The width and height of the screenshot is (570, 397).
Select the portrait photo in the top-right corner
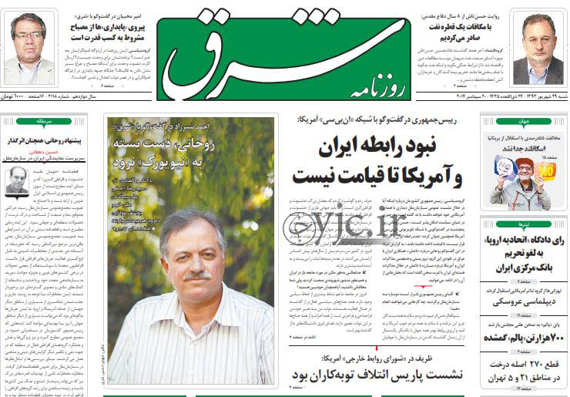(538, 48)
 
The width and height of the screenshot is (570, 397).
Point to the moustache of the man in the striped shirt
(197, 274)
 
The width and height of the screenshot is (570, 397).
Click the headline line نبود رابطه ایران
(388, 146)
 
